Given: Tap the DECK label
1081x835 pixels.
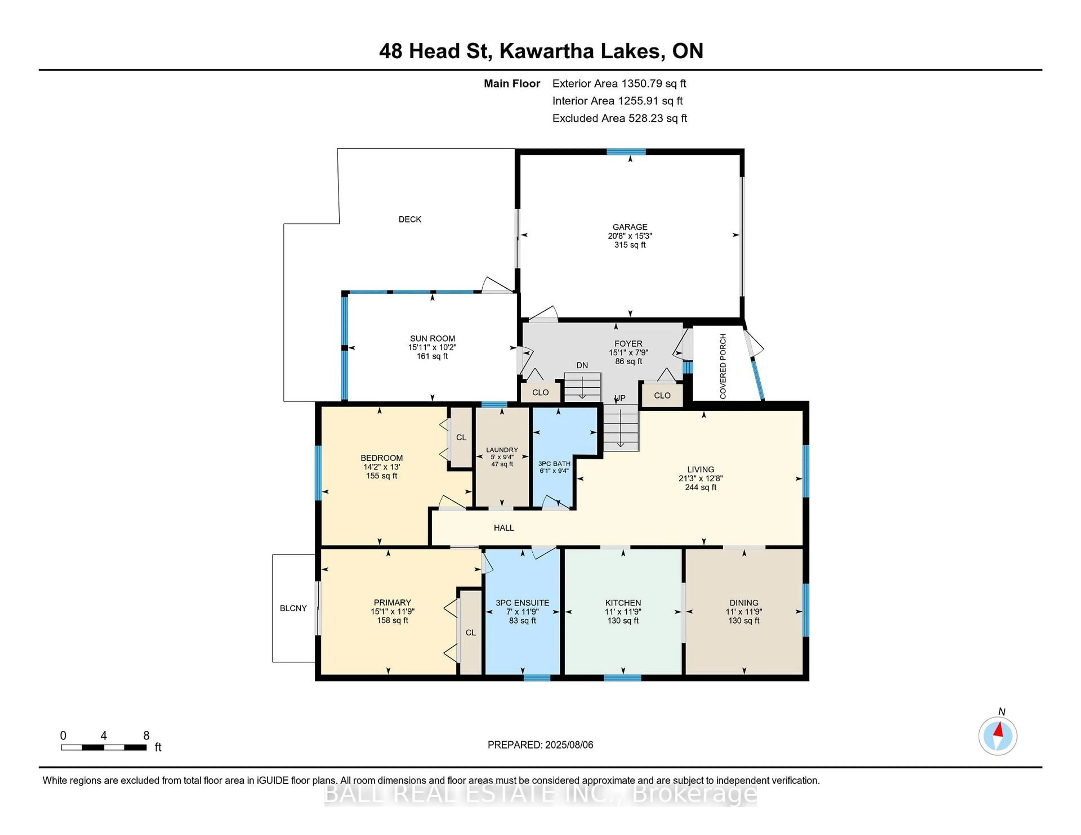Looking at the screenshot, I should [410, 219].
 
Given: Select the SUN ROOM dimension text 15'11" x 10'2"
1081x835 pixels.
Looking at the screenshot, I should [432, 347].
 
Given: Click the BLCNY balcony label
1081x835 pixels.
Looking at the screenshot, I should [293, 608].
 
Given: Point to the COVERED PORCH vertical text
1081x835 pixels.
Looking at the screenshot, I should [723, 366].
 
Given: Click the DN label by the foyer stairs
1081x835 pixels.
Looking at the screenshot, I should [582, 365].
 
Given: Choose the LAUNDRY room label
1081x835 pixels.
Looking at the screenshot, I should [502, 450].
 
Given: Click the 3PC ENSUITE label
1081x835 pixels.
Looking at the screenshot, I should [522, 603].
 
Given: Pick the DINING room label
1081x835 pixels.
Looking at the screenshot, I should [743, 603].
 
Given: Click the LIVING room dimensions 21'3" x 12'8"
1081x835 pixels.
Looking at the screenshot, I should [700, 478].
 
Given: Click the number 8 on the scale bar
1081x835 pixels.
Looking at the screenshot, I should [146, 736].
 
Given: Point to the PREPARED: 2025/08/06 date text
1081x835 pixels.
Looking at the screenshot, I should [540, 744].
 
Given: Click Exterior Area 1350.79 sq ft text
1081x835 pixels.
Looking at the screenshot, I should [619, 84].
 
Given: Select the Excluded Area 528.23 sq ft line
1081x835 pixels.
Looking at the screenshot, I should [619, 118].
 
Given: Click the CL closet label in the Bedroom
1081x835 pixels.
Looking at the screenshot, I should [461, 437].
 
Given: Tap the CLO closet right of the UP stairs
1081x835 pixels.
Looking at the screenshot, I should [662, 395].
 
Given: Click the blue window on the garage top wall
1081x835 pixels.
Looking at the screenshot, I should [626, 152].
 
